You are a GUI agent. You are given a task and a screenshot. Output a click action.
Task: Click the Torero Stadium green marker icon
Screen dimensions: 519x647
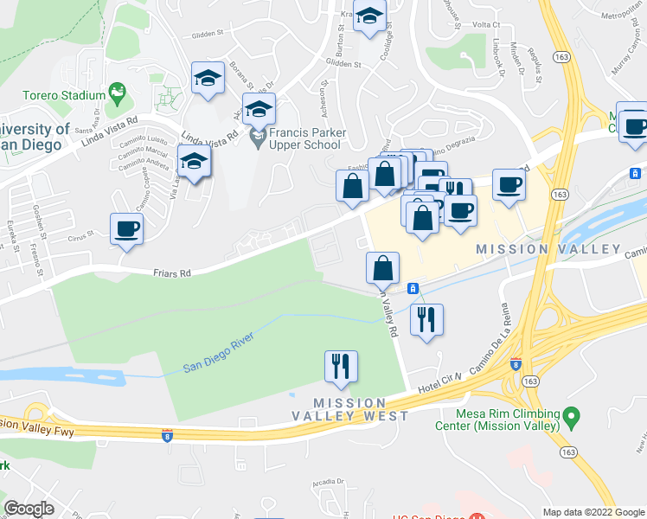[x=115, y=92]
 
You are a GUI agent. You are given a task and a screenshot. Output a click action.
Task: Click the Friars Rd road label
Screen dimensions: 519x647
[x=173, y=273]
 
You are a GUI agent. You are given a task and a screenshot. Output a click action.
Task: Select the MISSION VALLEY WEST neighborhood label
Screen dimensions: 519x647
[x=349, y=409]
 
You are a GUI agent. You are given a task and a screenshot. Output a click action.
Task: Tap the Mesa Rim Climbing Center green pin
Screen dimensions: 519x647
[x=570, y=418]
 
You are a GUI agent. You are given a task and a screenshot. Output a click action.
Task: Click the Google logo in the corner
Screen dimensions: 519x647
[x=29, y=509]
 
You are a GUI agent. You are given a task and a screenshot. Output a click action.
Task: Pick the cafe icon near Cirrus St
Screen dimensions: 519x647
[x=126, y=229]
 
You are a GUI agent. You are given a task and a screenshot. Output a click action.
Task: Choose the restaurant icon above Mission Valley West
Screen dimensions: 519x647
[x=340, y=365]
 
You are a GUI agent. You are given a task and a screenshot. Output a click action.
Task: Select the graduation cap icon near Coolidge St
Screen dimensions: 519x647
[x=369, y=16]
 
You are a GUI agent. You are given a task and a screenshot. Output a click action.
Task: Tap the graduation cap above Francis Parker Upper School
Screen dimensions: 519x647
[x=258, y=110]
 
